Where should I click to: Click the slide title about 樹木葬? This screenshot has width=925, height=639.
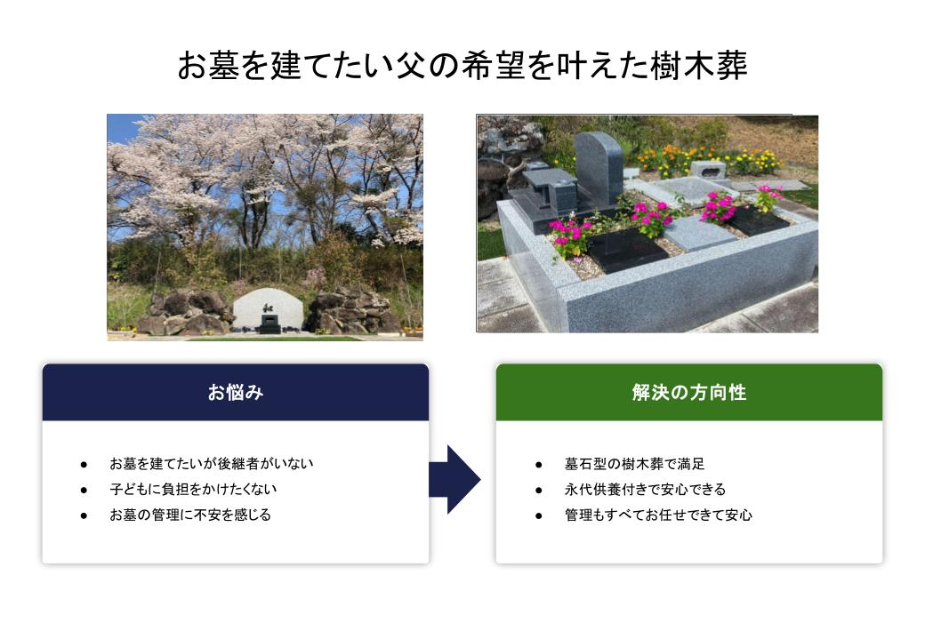462,65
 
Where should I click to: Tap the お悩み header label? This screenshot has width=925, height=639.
236,392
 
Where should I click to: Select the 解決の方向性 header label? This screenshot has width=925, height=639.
689,392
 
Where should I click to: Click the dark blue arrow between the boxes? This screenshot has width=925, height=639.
454,480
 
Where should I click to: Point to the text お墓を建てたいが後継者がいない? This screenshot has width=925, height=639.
211,463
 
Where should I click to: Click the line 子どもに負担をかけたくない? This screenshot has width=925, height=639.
193,489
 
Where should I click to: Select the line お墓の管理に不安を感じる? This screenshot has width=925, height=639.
190,515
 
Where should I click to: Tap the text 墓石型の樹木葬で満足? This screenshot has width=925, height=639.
634,463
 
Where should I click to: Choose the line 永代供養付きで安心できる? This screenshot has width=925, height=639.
645,489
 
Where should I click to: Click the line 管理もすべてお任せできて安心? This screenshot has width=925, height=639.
658,515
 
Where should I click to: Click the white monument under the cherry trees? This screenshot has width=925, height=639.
269,309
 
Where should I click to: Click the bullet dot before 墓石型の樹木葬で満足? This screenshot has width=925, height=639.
539,465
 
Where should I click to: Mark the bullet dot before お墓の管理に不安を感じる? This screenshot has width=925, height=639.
84,515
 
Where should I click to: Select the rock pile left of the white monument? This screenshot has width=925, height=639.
186,312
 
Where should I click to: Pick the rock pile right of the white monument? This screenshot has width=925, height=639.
353,311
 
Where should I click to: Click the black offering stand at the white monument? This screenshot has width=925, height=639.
269,323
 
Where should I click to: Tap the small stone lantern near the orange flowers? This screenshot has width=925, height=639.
707,169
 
